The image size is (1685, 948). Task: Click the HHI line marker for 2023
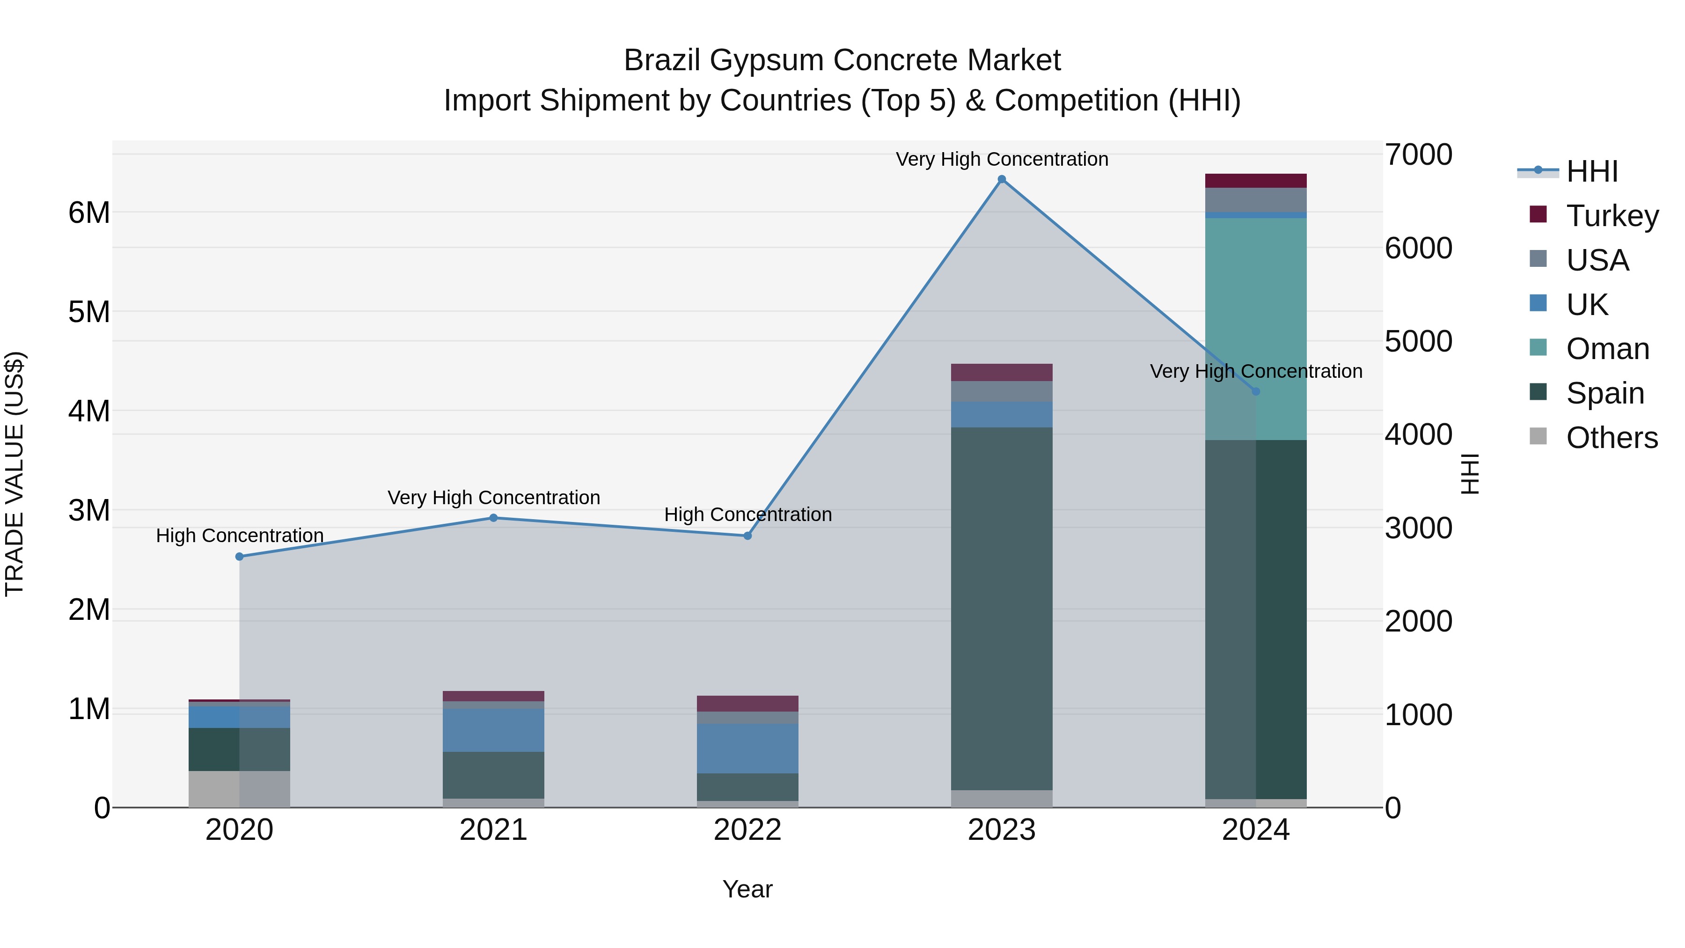pyautogui.click(x=1002, y=179)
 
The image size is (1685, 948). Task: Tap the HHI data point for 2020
pyautogui.click(x=239, y=557)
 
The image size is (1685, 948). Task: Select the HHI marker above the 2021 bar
pyautogui.click(x=494, y=518)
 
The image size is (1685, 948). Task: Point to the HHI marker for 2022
pyautogui.click(x=747, y=536)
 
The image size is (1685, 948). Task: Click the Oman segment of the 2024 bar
pyautogui.click(x=1281, y=327)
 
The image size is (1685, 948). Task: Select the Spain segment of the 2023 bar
pyautogui.click(x=1002, y=609)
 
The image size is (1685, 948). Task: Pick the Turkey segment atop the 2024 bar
pyautogui.click(x=1255, y=181)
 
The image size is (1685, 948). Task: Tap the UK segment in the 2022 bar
pyautogui.click(x=747, y=749)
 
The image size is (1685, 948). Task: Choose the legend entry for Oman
pyautogui.click(x=1608, y=349)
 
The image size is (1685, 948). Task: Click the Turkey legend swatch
pyautogui.click(x=1538, y=214)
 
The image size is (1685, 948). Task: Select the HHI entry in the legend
pyautogui.click(x=1591, y=171)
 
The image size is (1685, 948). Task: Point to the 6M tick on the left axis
pyautogui.click(x=89, y=213)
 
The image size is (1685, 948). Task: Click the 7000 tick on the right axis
pyautogui.click(x=1418, y=155)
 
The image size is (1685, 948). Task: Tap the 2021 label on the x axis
pyautogui.click(x=494, y=830)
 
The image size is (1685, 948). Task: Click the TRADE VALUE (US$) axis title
pyautogui.click(x=15, y=474)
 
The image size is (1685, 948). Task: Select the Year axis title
pyautogui.click(x=747, y=889)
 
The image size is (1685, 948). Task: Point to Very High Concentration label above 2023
pyautogui.click(x=1002, y=159)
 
